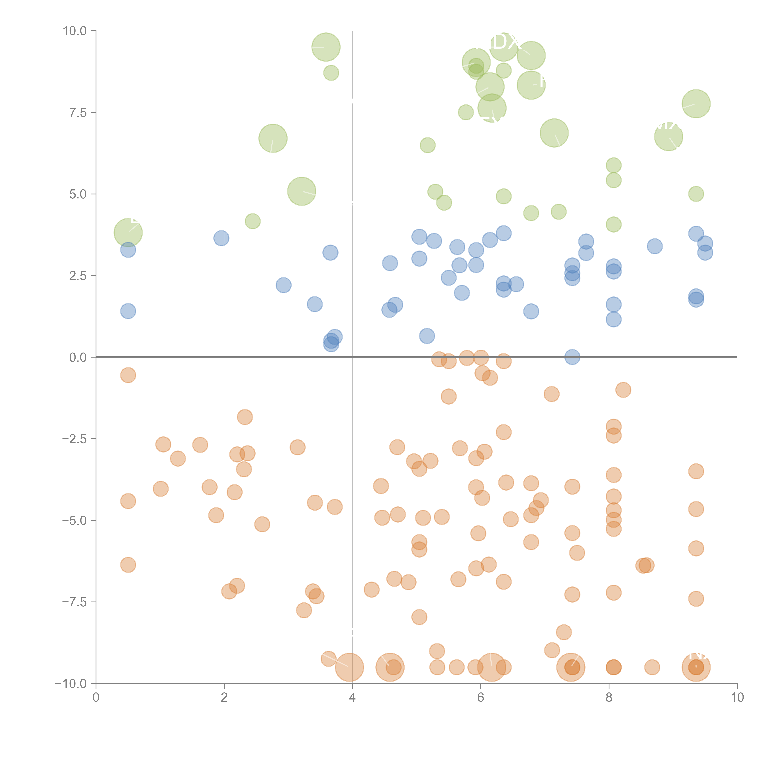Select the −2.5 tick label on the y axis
point(74,439)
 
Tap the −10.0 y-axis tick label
point(71,684)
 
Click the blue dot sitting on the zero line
point(572,357)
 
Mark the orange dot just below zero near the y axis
point(128,375)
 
